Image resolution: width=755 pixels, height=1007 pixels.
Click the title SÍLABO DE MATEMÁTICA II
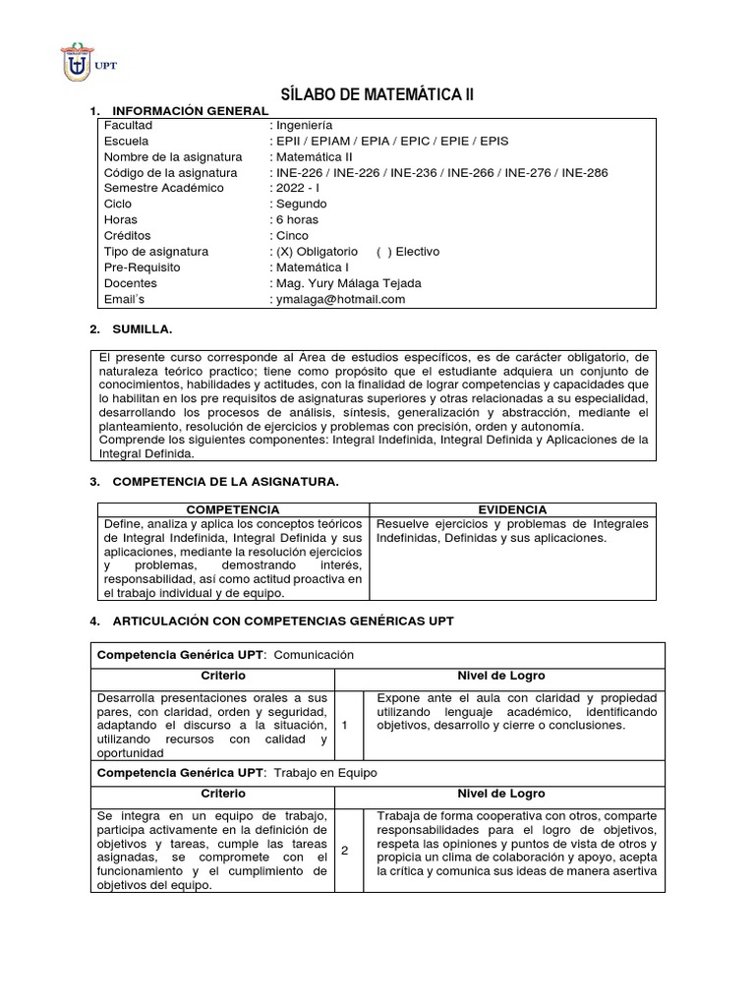click(377, 94)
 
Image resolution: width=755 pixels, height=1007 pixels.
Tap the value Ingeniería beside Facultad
click(304, 126)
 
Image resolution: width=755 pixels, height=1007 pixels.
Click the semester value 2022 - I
click(303, 189)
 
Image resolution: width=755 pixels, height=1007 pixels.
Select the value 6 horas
click(299, 220)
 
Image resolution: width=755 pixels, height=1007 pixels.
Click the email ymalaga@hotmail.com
click(340, 300)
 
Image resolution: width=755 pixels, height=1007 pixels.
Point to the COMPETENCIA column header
click(232, 509)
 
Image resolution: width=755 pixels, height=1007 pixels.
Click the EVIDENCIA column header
click(512, 509)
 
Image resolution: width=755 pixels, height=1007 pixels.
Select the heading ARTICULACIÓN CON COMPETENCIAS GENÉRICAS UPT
click(283, 622)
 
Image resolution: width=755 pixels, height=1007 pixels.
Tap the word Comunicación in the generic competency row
click(313, 654)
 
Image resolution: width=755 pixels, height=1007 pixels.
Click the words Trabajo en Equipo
click(324, 773)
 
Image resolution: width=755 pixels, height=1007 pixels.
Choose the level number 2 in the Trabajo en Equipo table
click(346, 851)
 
